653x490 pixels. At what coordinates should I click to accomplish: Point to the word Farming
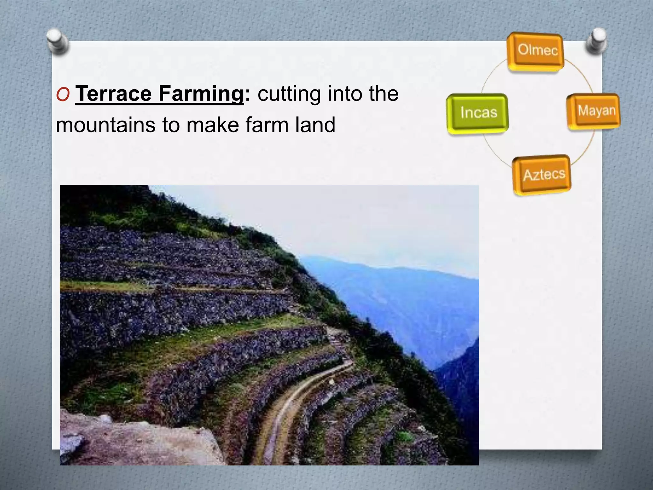tap(201, 94)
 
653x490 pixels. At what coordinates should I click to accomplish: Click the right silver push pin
tap(596, 41)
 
